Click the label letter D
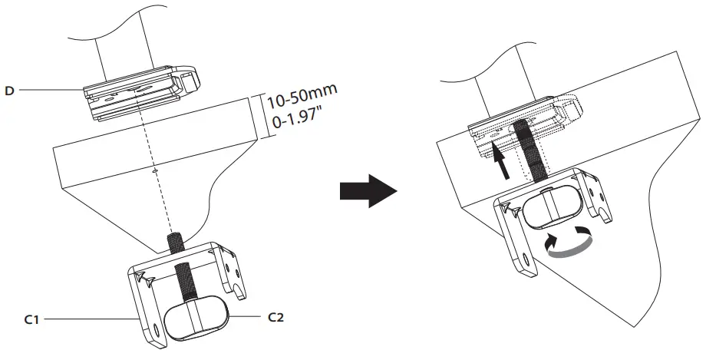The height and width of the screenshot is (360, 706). click(x=9, y=91)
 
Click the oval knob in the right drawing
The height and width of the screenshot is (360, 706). click(x=554, y=204)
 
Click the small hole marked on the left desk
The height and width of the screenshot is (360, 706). click(x=156, y=170)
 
